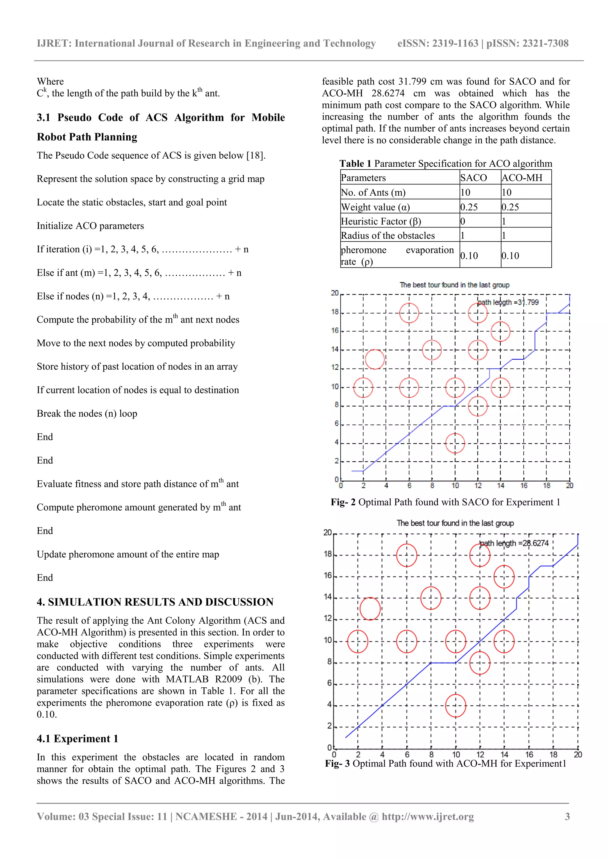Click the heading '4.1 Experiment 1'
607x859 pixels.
click(77, 739)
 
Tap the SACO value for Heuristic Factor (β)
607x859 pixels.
click(463, 221)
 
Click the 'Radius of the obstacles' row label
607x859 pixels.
click(388, 235)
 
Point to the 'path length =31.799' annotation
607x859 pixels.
click(508, 302)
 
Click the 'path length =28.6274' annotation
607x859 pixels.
click(514, 543)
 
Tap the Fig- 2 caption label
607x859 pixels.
click(343, 502)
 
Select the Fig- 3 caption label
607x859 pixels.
click(337, 763)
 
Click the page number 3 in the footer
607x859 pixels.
click(567, 816)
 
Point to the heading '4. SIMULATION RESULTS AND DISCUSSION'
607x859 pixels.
click(155, 602)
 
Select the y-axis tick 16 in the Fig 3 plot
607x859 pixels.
click(328, 576)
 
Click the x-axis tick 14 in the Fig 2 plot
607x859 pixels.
click(501, 486)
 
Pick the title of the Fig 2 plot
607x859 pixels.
click(454, 285)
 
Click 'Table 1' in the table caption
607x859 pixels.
click(355, 163)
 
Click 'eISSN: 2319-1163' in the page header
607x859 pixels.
click(437, 43)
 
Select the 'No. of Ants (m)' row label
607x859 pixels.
click(373, 192)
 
